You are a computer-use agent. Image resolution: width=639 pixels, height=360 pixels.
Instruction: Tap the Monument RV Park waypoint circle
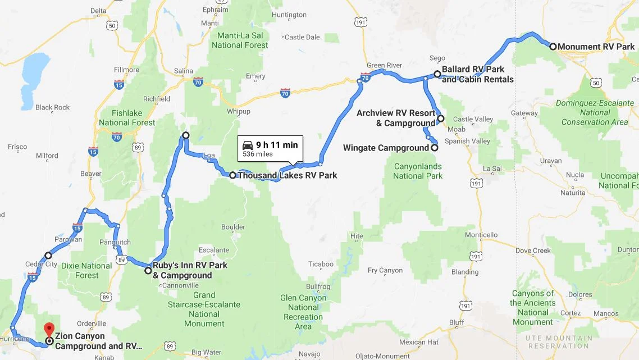pyautogui.click(x=553, y=47)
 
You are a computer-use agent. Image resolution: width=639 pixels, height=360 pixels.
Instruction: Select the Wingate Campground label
pyautogui.click(x=386, y=148)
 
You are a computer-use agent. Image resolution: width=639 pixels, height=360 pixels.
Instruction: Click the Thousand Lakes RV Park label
pyautogui.click(x=287, y=175)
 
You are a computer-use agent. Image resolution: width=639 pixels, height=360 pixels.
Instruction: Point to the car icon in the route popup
pyautogui.click(x=248, y=145)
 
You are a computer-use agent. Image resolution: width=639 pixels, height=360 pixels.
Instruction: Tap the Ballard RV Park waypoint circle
pyautogui.click(x=437, y=74)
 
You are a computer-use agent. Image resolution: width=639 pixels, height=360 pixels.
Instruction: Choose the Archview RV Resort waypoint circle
pyautogui.click(x=441, y=119)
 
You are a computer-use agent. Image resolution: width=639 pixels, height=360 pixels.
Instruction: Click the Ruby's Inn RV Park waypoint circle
pyautogui.click(x=148, y=271)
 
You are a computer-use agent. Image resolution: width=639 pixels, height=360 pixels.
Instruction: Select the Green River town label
pyautogui.click(x=385, y=66)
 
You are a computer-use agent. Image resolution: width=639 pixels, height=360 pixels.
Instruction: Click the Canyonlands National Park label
pyautogui.click(x=418, y=171)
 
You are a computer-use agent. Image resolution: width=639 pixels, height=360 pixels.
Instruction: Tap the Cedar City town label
pyautogui.click(x=41, y=265)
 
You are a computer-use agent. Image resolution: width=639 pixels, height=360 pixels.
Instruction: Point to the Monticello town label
pyautogui.click(x=481, y=235)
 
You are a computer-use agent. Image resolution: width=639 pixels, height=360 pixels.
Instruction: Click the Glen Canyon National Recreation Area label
pyautogui.click(x=303, y=312)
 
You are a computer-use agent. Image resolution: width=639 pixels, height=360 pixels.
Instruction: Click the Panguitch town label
pyautogui.click(x=115, y=243)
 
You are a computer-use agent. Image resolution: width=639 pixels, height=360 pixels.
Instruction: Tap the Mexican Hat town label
pyautogui.click(x=418, y=342)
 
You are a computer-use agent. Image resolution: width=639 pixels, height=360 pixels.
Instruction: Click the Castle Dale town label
pyautogui.click(x=302, y=38)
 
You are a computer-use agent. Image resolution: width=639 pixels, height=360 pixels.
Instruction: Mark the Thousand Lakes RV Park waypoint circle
pyautogui.click(x=232, y=175)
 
